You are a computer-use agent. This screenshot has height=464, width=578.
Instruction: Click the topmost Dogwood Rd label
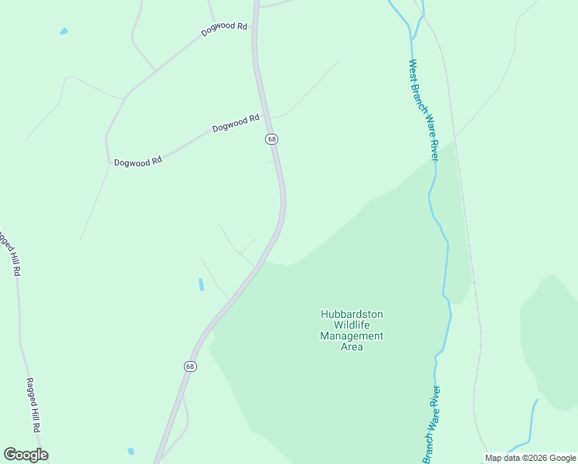[223, 29]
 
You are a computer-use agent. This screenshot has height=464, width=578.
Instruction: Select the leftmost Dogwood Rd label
[138, 162]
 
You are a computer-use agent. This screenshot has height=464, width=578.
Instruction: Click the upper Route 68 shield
[271, 138]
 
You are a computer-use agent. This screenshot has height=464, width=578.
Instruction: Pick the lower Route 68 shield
[190, 366]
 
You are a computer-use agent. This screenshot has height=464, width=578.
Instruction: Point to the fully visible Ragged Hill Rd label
[32, 404]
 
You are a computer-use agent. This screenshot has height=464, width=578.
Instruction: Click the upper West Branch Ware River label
[423, 111]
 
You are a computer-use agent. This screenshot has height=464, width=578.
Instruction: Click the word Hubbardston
[352, 315]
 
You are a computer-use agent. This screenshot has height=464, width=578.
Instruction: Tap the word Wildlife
[352, 326]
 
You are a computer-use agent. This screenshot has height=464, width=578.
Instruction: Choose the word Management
[352, 336]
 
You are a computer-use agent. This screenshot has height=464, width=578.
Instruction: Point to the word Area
[352, 346]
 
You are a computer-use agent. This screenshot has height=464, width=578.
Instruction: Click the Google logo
[25, 455]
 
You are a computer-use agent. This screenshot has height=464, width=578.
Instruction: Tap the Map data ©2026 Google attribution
[530, 458]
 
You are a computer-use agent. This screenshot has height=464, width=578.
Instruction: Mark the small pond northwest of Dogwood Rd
[63, 32]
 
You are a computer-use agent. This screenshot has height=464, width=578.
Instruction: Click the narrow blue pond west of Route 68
[201, 285]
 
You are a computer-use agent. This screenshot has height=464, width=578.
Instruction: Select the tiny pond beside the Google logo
[131, 451]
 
